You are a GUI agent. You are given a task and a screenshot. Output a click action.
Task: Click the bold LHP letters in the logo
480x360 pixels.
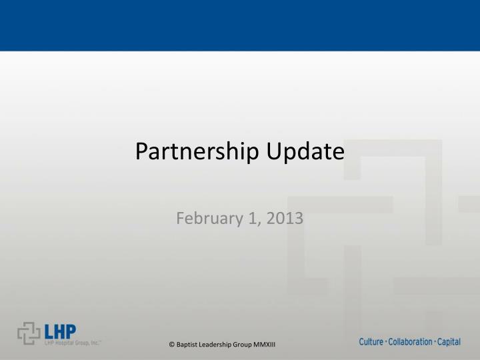click(x=61, y=331)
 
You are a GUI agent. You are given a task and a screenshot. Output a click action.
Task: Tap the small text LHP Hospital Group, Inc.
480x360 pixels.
click(x=72, y=343)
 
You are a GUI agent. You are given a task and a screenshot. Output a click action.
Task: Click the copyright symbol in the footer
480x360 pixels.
click(x=172, y=343)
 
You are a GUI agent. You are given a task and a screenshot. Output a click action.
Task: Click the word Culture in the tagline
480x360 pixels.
click(x=371, y=342)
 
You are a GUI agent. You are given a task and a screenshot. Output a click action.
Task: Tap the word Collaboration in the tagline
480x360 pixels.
click(x=410, y=342)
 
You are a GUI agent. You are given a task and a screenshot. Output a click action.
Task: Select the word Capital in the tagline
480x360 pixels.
click(x=449, y=342)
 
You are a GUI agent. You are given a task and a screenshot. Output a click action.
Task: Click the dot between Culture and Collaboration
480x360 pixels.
click(x=386, y=342)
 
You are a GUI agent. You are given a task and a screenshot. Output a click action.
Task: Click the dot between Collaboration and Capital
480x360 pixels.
click(x=435, y=342)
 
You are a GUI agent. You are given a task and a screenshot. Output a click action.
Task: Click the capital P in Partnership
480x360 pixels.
click(x=141, y=153)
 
